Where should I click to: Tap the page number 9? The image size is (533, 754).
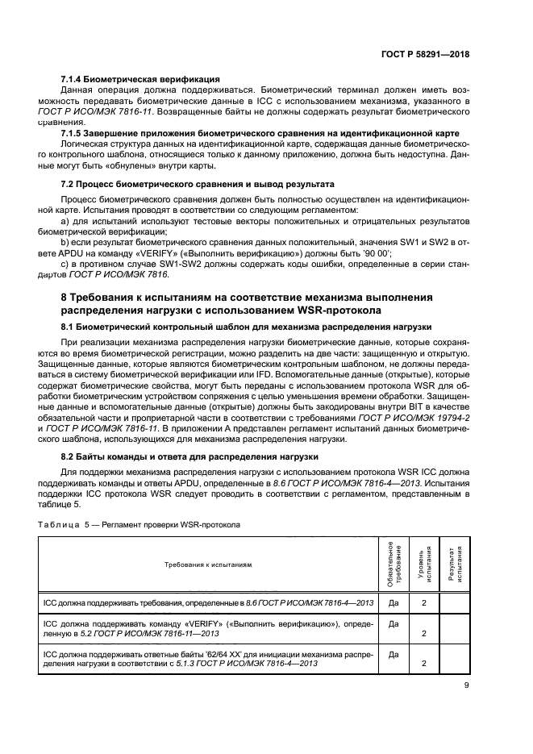click(x=467, y=687)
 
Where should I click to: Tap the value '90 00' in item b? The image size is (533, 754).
click(x=374, y=253)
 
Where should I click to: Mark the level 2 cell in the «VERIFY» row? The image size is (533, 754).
click(x=424, y=633)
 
